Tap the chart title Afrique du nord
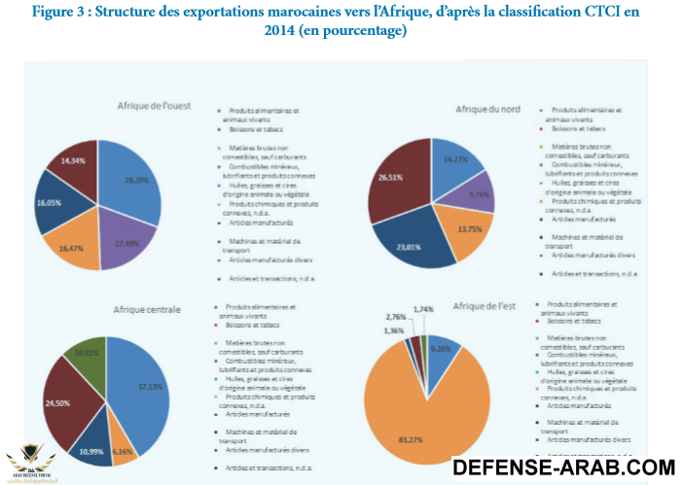point(490,109)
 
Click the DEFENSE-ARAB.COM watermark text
point(564,468)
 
